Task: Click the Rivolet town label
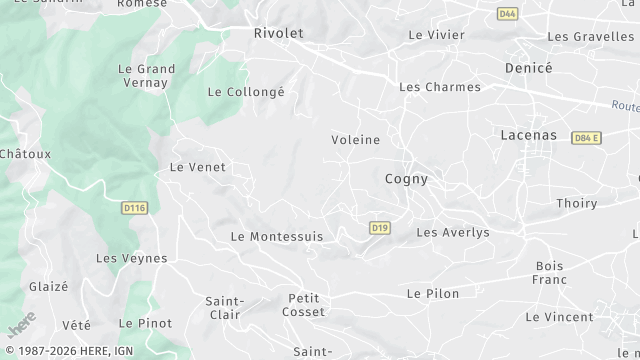click(278, 33)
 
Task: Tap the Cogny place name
click(406, 180)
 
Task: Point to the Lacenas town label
click(529, 134)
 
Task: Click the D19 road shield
click(379, 228)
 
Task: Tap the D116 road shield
click(133, 208)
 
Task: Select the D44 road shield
click(507, 14)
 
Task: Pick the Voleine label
click(356, 140)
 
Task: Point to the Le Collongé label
click(246, 92)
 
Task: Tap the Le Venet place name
click(198, 167)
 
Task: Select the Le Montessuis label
click(277, 237)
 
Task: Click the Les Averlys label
click(453, 232)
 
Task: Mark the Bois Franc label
click(550, 273)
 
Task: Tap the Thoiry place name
click(576, 203)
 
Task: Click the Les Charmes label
click(440, 87)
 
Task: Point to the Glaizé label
click(49, 286)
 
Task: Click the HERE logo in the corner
click(21, 325)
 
